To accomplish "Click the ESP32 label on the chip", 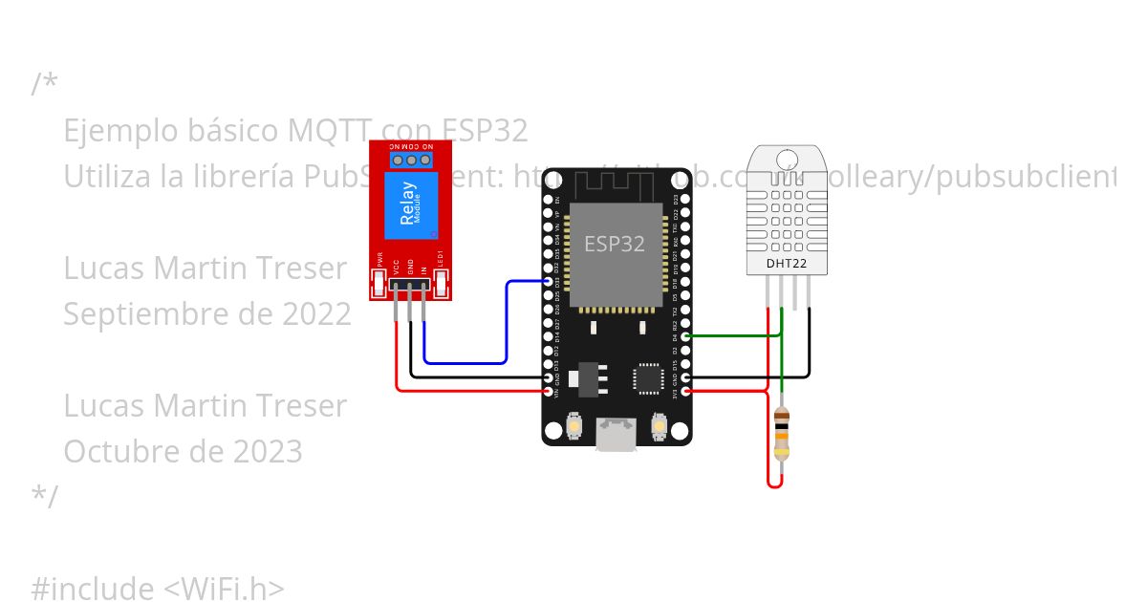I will point(615,244).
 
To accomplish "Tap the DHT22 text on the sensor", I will point(787,263).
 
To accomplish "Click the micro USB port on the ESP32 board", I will point(616,434).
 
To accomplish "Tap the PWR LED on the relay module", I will point(379,282).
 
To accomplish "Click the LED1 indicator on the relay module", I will point(441,282).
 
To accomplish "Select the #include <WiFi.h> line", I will point(158,589).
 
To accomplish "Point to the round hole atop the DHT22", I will point(787,159).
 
